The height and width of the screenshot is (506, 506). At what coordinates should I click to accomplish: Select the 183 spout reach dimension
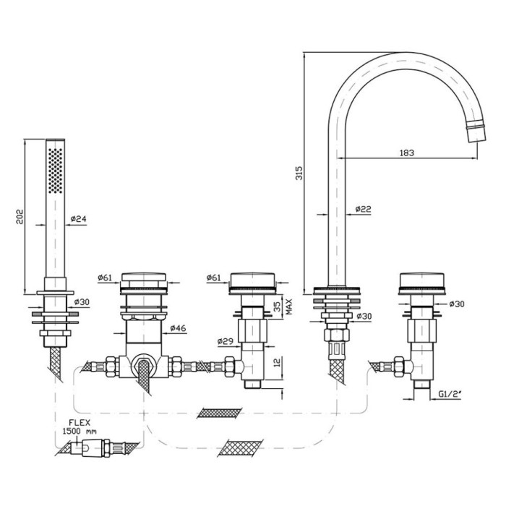407,152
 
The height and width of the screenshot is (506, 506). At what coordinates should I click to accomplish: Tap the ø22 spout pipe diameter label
364,210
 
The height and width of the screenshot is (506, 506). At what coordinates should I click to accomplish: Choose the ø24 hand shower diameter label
80,219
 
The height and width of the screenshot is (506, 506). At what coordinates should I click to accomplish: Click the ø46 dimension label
178,329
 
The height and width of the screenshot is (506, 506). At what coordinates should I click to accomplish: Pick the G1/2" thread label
450,395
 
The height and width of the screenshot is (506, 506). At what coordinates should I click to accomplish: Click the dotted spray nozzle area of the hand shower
54,170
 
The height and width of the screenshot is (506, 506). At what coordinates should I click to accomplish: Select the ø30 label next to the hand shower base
80,302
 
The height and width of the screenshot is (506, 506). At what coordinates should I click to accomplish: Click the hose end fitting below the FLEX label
93,449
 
